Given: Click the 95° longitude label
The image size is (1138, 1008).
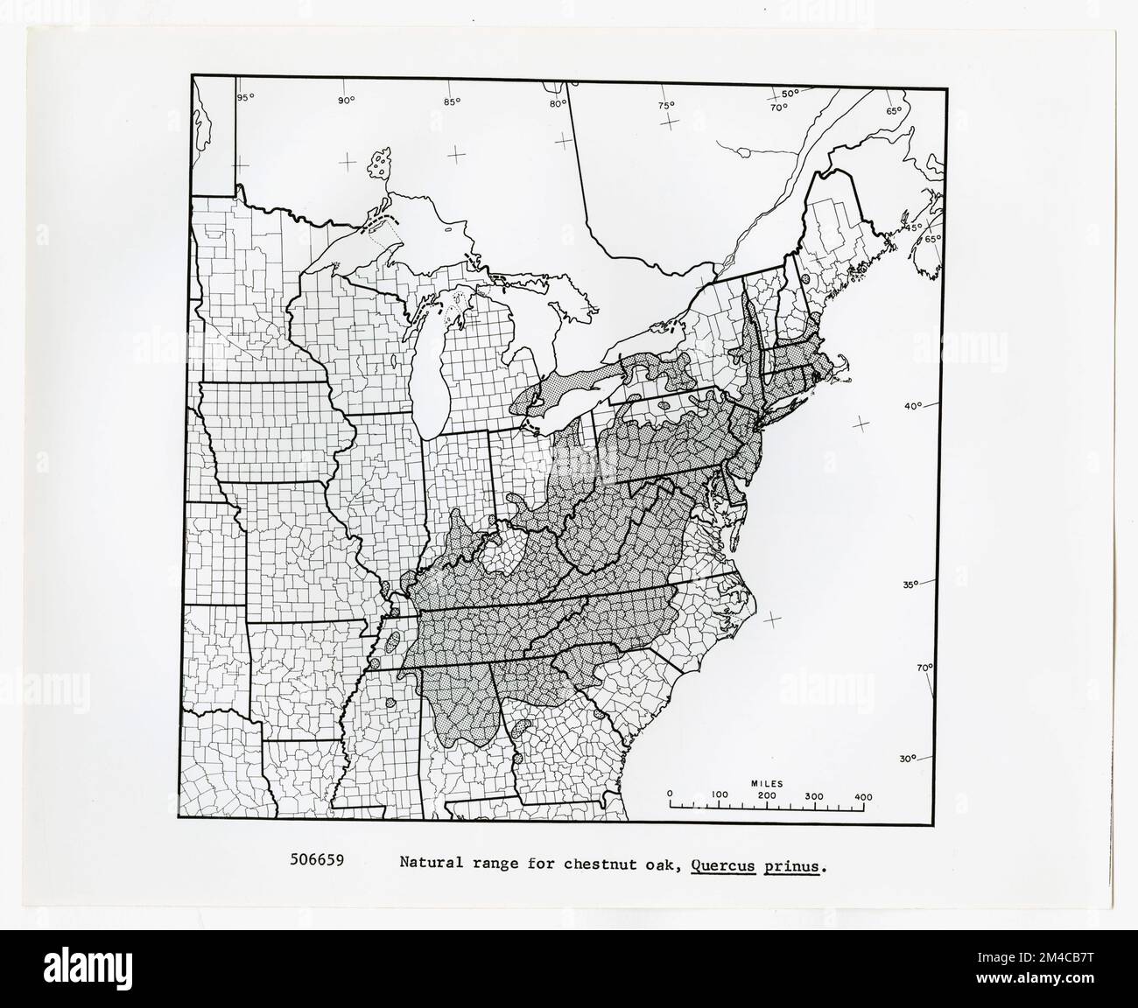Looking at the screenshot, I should pos(246,96).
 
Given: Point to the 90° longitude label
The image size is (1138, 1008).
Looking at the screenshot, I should pos(346,101).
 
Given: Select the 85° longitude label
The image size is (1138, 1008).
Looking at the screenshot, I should pos(452,101).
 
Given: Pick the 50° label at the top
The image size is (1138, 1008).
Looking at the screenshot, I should pos(790,94).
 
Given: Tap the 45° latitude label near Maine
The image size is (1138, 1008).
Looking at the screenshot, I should pos(916,227).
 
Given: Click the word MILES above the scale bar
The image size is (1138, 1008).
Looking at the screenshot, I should pos(766,784).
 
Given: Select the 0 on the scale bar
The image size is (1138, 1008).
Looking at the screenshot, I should pos(671,796).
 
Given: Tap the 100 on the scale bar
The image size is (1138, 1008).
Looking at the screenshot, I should pos(720,796).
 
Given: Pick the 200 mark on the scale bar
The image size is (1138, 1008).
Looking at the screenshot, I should pos(767,796).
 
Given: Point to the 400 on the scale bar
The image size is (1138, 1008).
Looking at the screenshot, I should pos(862,796).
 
